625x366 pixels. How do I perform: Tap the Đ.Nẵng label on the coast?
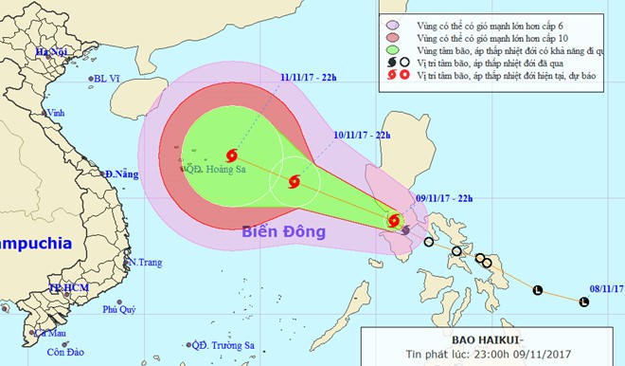[x=122, y=174]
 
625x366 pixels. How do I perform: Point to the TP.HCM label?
[x=65, y=286]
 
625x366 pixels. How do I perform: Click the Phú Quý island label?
[x=120, y=309]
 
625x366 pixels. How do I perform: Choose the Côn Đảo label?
[x=60, y=352]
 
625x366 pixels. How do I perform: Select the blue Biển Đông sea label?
[x=283, y=231]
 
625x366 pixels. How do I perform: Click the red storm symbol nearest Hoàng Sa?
[x=232, y=156]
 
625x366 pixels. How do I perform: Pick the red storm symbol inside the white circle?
[x=294, y=180]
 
